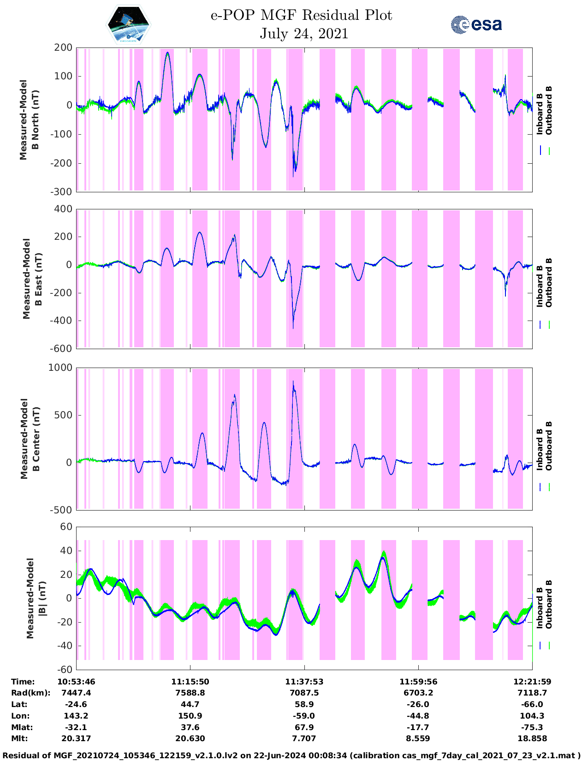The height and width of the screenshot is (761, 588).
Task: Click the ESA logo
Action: click(476, 24)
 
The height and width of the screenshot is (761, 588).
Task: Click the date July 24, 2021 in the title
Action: click(303, 34)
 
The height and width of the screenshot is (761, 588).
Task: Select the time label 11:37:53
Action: click(304, 682)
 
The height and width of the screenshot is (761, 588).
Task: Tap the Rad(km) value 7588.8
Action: click(190, 693)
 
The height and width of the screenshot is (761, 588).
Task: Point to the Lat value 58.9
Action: click(304, 704)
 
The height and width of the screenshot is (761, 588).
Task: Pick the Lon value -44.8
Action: click(418, 716)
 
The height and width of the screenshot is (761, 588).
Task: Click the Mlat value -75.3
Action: click(532, 727)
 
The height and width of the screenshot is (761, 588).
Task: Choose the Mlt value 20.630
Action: click(190, 738)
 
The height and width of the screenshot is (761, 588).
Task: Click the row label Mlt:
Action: click(19, 738)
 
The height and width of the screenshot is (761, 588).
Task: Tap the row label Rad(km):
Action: click(30, 693)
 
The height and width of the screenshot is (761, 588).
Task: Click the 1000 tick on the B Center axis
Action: click(60, 368)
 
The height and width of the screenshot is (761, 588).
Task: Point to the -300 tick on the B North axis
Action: click(63, 192)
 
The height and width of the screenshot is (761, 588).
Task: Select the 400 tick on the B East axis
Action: click(64, 209)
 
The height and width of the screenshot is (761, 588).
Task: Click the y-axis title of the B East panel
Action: click(32, 279)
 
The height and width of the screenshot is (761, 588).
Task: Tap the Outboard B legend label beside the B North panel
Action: click(548, 111)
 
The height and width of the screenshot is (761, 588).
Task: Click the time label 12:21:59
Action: click(532, 682)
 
